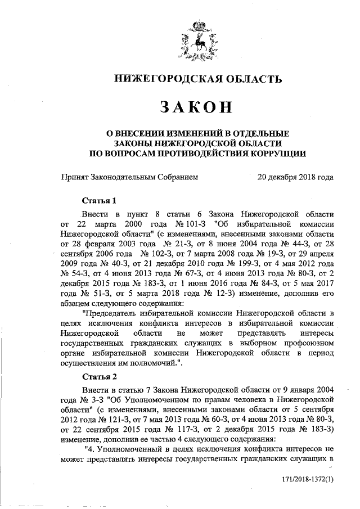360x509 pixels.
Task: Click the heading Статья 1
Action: pos(99,201)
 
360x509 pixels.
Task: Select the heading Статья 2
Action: pos(99,376)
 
